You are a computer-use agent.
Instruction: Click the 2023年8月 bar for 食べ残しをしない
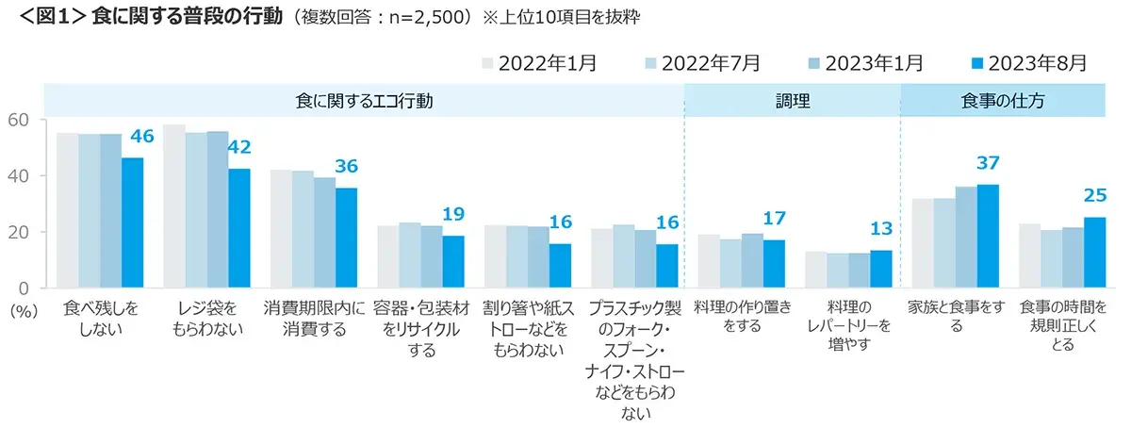pos(132,222)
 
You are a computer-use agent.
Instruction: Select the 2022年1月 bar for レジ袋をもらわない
pos(174,206)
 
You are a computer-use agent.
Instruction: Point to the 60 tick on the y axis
pos(20,120)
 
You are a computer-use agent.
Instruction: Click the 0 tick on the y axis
pos(25,288)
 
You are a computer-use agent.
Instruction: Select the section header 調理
pos(792,101)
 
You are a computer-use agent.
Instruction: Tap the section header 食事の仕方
pos(1002,101)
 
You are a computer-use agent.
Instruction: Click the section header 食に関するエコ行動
pos(364,101)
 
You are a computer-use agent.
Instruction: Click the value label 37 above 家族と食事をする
pos(987,163)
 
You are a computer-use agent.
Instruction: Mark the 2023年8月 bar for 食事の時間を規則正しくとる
pos(1094,252)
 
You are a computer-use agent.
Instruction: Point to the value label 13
pos(879,230)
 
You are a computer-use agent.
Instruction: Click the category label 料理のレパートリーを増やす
pos(847,326)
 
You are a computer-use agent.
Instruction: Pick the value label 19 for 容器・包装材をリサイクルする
pos(452,214)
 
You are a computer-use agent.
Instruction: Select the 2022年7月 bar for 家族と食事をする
pos(943,242)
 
